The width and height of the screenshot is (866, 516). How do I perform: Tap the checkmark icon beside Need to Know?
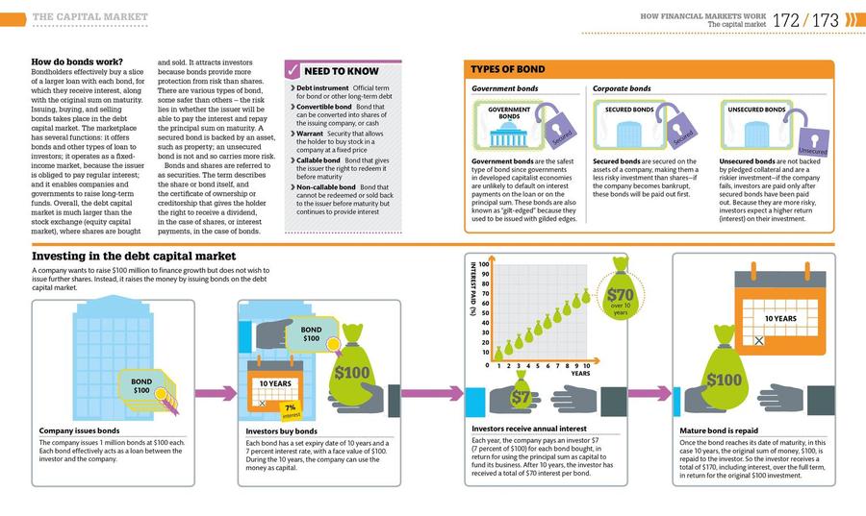(x=293, y=70)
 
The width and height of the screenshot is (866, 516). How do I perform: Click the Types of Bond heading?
(x=507, y=69)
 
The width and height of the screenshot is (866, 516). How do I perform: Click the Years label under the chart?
(x=579, y=373)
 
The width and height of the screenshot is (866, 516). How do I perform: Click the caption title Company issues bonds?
(x=79, y=431)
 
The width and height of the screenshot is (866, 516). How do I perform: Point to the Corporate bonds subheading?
(x=622, y=88)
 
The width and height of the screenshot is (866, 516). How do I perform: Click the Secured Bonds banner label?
(x=630, y=111)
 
